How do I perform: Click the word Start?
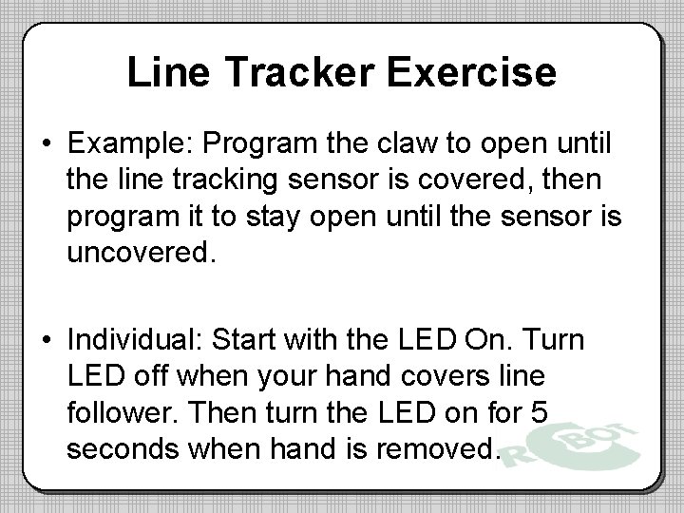click(250, 341)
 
